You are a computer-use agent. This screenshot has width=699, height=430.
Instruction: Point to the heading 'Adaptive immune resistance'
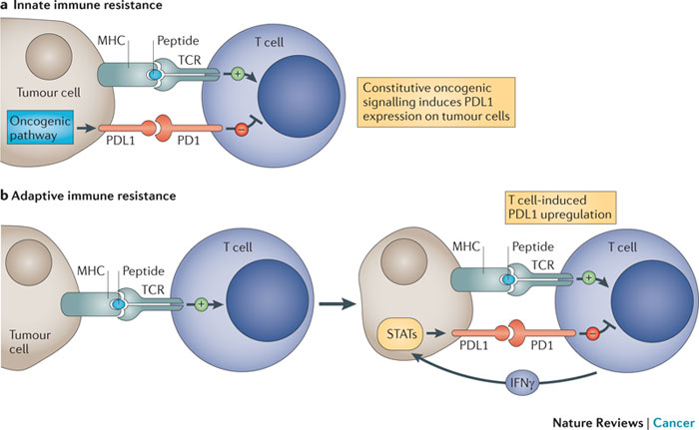pyautogui.click(x=95, y=196)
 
